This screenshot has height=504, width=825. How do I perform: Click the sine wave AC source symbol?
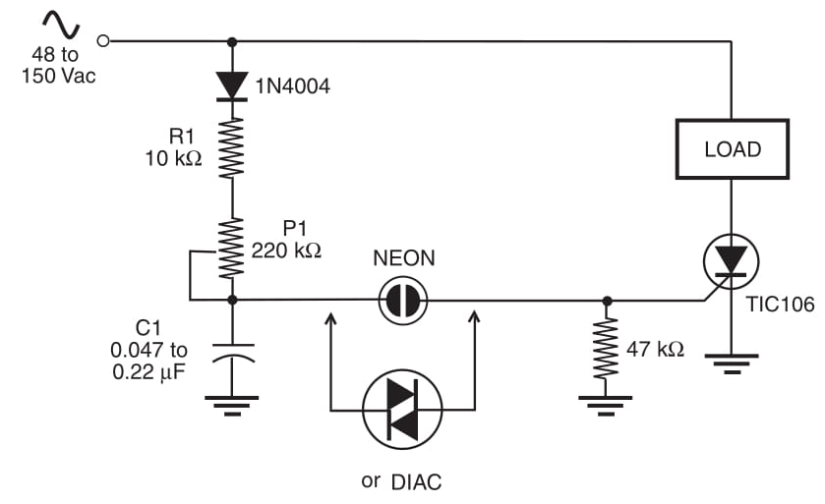[58, 22]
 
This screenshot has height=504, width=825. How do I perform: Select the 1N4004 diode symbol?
[232, 86]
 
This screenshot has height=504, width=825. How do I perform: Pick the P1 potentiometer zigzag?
[232, 249]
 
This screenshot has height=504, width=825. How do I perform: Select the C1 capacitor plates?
[232, 352]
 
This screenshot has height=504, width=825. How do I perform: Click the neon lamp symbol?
[403, 299]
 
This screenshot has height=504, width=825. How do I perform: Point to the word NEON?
[403, 258]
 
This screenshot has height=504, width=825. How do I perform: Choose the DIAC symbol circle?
[402, 409]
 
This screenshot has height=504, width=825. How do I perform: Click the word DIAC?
[416, 480]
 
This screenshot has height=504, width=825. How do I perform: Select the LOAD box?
[733, 149]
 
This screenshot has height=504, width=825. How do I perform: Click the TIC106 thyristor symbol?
[732, 262]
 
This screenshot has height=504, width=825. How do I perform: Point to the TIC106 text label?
[780, 305]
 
